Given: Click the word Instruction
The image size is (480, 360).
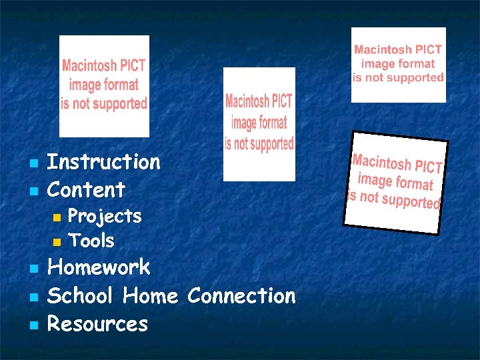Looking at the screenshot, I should [x=104, y=162].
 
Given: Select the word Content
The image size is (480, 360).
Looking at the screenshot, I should [x=87, y=190].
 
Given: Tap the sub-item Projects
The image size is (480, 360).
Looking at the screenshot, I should [x=105, y=217].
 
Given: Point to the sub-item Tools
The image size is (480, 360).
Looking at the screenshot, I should [x=91, y=241].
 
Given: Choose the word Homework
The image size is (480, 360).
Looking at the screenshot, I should [x=99, y=268].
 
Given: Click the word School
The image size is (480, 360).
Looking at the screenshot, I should [x=81, y=295].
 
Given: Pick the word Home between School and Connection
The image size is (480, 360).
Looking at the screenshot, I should [x=150, y=295].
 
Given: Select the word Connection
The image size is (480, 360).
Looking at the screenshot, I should [x=241, y=295].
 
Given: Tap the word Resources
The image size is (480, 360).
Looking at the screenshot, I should [x=98, y=324].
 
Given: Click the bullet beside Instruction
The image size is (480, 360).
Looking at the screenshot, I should [x=31, y=163].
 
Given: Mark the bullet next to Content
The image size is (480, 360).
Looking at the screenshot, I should [x=31, y=191].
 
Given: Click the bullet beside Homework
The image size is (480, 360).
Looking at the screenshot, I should [x=31, y=269].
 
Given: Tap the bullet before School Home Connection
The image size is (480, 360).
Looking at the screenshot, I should [x=31, y=297].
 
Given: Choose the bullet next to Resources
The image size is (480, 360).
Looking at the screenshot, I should [x=31, y=325].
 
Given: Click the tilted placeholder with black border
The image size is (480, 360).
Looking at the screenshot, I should [x=395, y=182].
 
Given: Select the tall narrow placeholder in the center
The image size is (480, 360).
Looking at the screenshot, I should [x=259, y=124].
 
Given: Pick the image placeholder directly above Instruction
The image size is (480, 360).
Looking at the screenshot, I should [x=104, y=86].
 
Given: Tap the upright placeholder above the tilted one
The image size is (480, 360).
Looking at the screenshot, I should [x=398, y=65].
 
